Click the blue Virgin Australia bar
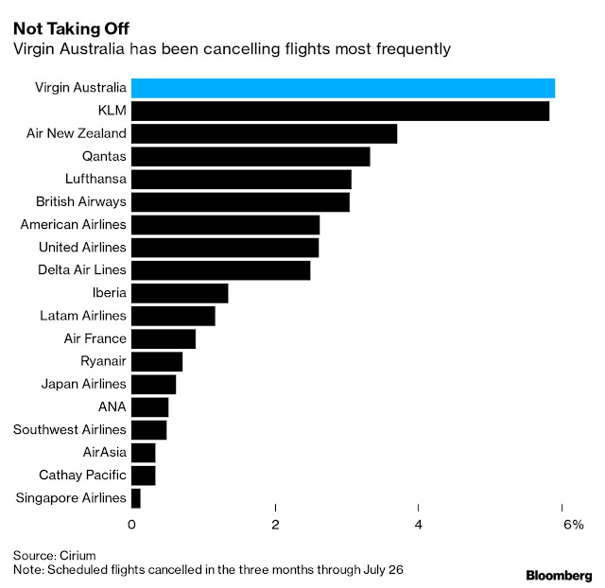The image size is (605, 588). [342, 88]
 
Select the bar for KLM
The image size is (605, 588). [339, 111]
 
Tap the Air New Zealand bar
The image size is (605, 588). [264, 133]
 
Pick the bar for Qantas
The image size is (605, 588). [251, 156]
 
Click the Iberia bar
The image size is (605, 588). [180, 293]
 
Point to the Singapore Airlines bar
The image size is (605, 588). [136, 498]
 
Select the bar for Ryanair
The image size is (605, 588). [157, 361]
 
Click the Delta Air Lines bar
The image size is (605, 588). [220, 270]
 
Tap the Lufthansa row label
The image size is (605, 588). [93, 179]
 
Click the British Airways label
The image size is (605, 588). [81, 201]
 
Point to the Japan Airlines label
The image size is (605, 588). [83, 384]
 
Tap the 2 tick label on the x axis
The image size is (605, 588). [275, 525]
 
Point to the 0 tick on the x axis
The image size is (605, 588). [131, 525]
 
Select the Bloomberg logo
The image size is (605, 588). [558, 574]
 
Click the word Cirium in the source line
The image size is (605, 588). [78, 554]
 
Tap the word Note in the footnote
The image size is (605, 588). [26, 570]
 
